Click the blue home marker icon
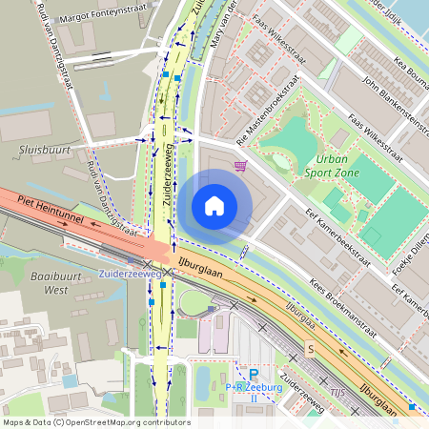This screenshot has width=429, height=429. coord(214,205)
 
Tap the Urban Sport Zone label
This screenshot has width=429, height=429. coord(332,166)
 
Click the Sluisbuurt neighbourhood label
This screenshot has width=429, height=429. coord(38,150)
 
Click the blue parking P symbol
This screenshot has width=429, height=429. coord(253,375)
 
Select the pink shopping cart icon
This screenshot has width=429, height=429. coord(240,166)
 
